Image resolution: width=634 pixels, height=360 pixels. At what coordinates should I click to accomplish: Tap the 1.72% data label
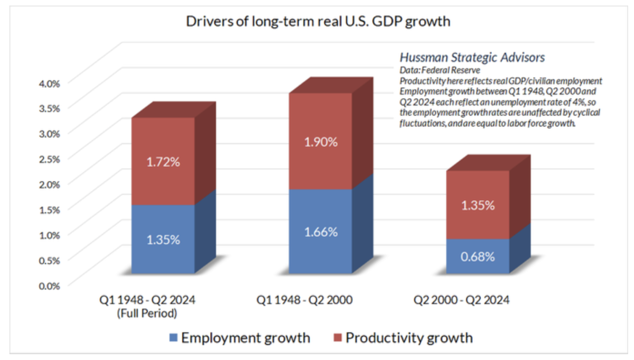pos(163,162)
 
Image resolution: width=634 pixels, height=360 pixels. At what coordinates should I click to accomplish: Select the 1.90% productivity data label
pos(321,142)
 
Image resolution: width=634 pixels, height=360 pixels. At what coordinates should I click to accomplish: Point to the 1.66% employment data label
pos(321,232)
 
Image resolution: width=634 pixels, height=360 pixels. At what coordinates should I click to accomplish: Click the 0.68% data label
pos(478,257)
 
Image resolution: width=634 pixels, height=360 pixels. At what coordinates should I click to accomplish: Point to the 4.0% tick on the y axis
pos(50,82)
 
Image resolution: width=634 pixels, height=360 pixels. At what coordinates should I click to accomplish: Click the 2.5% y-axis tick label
pos(50,158)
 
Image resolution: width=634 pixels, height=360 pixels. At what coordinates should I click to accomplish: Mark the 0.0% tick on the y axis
pos(50,285)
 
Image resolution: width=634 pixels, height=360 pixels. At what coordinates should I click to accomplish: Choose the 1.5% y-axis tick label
pos(50,209)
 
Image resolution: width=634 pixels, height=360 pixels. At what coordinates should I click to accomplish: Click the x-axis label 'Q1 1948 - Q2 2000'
pos(304,301)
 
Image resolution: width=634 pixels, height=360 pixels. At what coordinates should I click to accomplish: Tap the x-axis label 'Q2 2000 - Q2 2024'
pos(461,301)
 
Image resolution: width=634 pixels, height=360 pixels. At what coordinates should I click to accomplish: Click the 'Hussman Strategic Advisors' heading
pos(472,57)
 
